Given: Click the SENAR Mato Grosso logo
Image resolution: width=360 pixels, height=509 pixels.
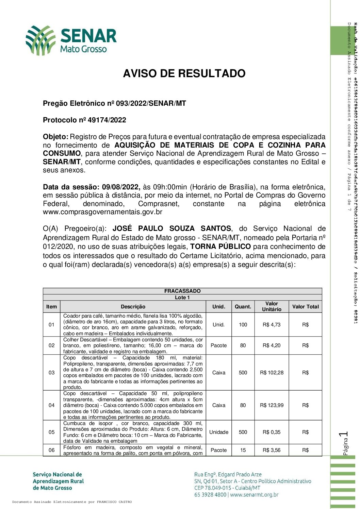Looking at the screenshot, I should point(71,40).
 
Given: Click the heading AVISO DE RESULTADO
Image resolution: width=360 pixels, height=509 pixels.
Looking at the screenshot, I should point(184,73).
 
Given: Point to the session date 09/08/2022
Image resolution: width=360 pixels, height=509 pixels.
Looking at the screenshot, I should point(121,187).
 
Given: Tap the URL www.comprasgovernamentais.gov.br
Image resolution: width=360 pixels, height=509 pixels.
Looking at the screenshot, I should point(102,212).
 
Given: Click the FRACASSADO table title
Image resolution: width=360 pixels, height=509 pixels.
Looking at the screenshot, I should point(182,291).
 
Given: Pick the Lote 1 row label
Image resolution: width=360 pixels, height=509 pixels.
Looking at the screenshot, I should point(182,298).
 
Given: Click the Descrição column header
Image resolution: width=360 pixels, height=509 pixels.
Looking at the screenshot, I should point(133,307).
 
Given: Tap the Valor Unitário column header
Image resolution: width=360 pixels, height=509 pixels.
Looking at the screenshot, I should point(272,306).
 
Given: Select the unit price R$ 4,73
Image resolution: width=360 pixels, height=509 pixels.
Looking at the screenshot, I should point(272,325).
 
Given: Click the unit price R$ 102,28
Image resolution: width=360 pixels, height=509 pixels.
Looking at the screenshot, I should point(272,373).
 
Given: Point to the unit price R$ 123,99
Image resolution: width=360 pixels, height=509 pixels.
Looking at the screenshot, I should point(272,405).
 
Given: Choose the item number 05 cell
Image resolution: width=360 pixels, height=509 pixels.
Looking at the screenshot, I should point(51,432).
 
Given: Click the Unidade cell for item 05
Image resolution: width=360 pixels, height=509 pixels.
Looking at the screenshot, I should point(219,432).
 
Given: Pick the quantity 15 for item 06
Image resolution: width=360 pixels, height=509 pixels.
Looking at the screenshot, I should point(243,450).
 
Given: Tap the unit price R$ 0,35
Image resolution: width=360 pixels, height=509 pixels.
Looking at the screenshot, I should point(272,432).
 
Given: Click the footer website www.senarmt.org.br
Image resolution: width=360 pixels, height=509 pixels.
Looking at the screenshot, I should point(254,495).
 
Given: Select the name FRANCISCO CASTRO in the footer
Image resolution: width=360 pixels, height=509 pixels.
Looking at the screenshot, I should point(114,502).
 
